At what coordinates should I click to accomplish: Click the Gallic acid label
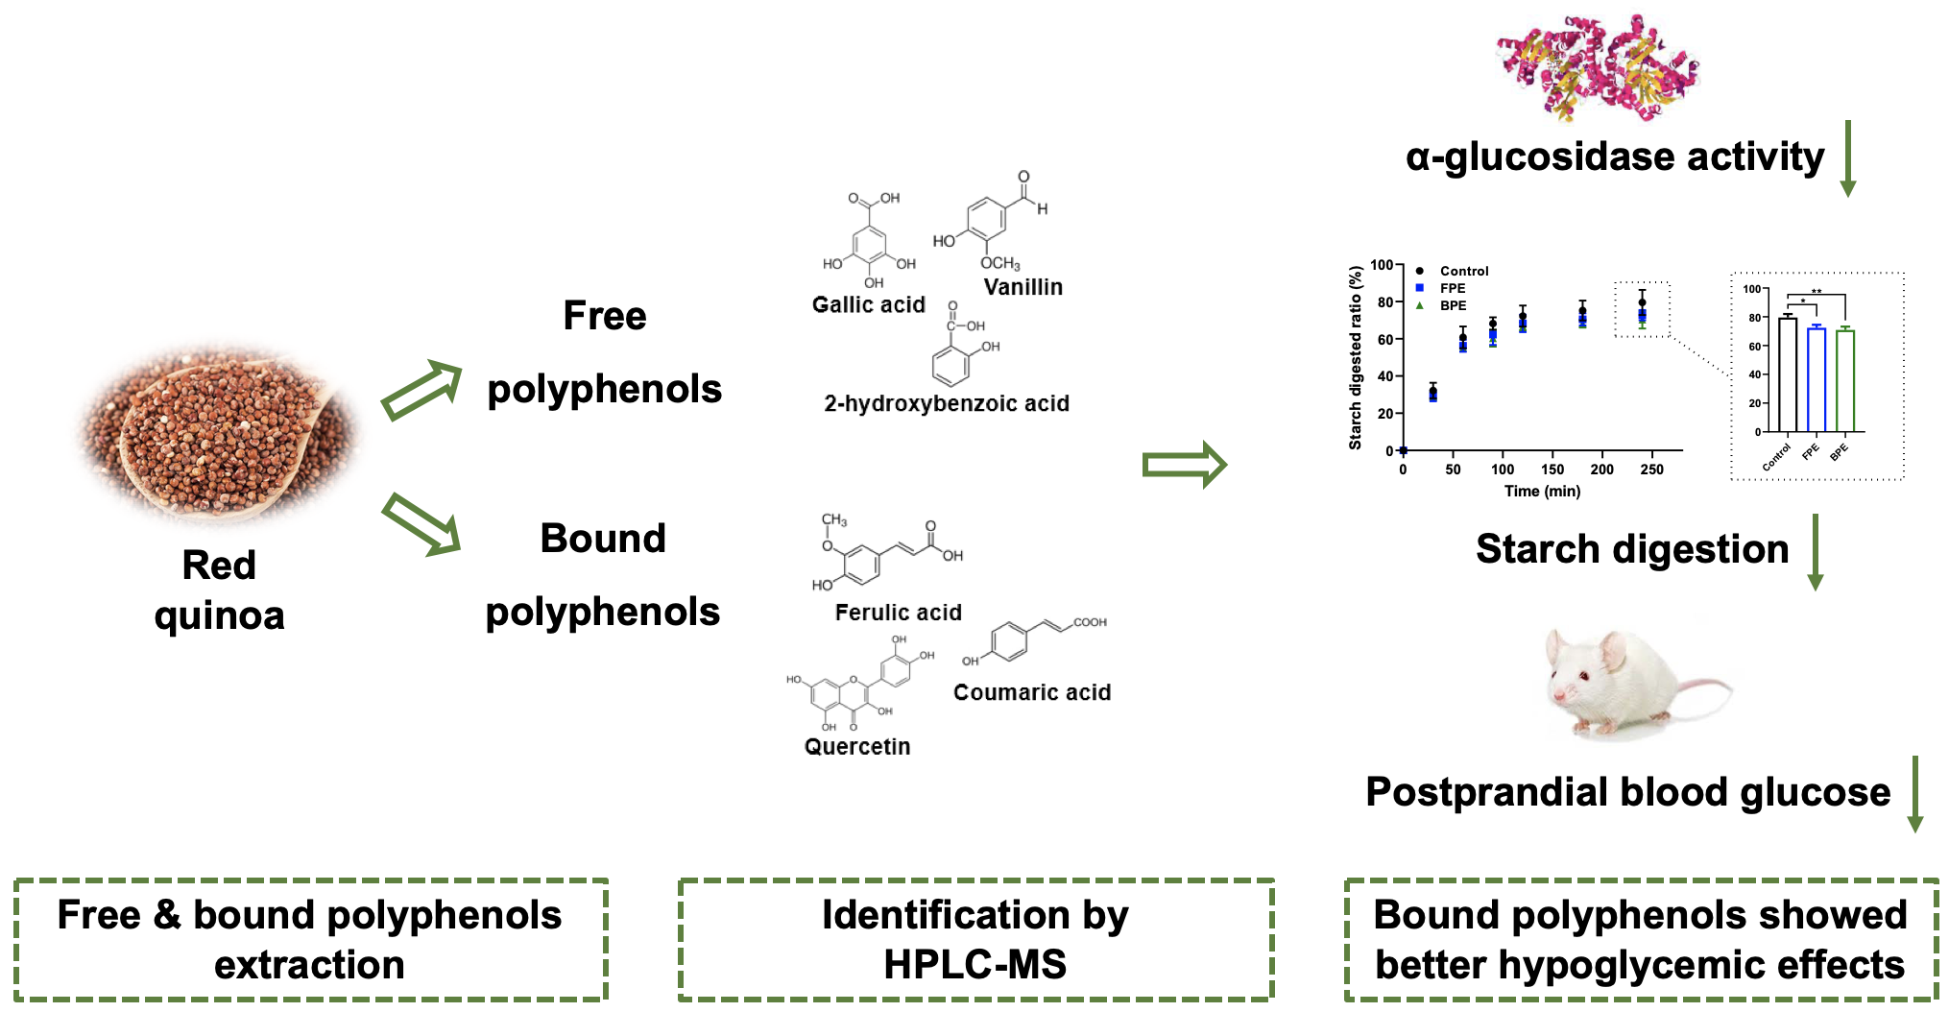click(868, 304)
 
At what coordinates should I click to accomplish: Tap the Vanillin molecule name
click(1023, 287)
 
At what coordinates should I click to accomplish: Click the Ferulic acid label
click(898, 613)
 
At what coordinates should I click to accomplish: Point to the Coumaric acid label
click(1031, 692)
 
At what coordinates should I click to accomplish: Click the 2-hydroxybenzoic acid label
click(946, 403)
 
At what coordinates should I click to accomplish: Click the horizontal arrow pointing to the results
click(1184, 465)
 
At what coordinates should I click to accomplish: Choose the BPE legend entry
click(1453, 305)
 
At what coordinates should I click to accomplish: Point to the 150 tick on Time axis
click(1552, 470)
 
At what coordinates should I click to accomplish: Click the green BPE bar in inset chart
click(1844, 381)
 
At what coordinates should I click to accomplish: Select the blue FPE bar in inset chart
click(1816, 379)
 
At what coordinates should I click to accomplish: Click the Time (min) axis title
click(1542, 491)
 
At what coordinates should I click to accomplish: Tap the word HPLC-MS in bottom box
click(974, 964)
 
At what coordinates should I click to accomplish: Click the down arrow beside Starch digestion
click(1815, 552)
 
